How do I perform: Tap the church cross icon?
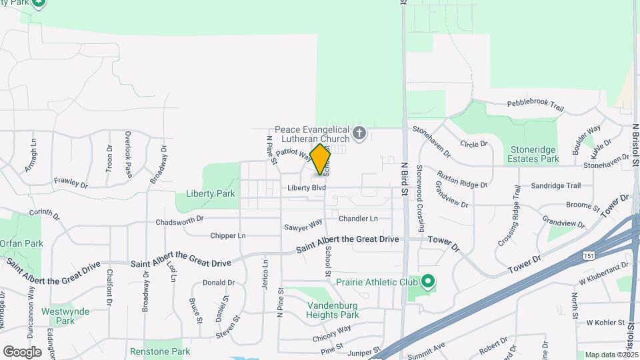(x=359, y=133)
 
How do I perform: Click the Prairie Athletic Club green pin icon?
(x=428, y=282)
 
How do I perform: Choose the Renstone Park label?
(x=159, y=351)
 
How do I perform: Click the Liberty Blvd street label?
(x=307, y=188)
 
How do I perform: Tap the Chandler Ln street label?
(x=358, y=219)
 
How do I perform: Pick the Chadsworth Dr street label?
(x=179, y=220)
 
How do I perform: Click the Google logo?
(x=22, y=351)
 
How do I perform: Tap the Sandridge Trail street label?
(x=555, y=186)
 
